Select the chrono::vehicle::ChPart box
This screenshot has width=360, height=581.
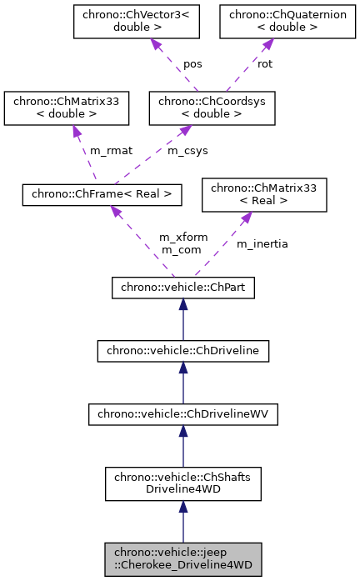point(182,288)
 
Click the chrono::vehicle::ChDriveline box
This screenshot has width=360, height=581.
point(182,352)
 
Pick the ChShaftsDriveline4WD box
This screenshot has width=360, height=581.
point(182,483)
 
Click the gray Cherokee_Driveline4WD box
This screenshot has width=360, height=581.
point(182,558)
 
